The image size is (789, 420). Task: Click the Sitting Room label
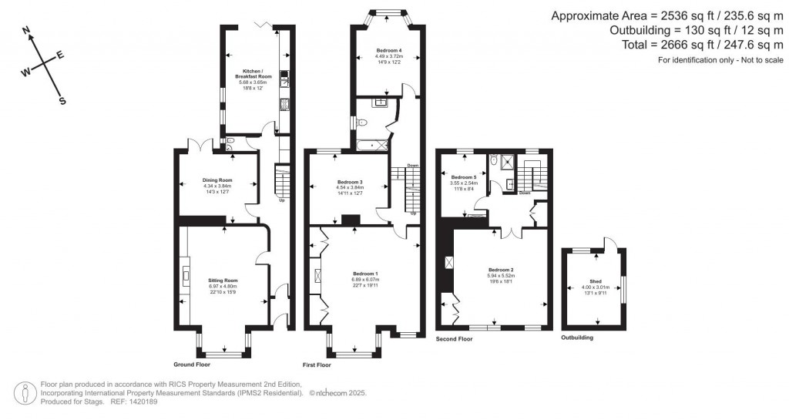coord(223,280)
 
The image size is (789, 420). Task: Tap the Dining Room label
coord(217,180)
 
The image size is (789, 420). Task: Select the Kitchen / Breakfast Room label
coord(253,75)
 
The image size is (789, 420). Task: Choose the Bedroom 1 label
coord(365,274)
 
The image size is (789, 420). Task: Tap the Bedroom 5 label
coord(464,176)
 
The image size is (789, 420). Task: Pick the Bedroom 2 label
coord(500,270)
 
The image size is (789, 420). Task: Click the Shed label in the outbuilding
coord(596,282)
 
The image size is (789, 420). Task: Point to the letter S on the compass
coord(62,100)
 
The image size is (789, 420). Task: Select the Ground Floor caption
coord(193,364)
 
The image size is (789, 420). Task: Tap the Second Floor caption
coord(455,338)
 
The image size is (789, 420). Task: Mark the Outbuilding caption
coord(577,338)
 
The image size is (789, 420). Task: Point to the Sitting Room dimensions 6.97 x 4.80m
coord(223,286)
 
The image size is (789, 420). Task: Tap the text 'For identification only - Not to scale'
coord(720,60)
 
